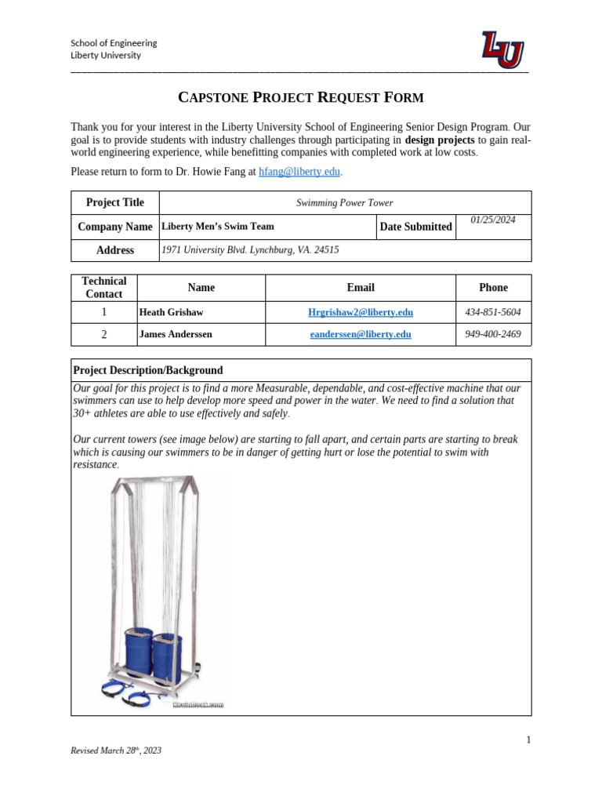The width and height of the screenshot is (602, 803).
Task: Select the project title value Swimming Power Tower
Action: coord(344,203)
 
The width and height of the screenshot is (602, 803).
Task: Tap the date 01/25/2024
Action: coord(493,220)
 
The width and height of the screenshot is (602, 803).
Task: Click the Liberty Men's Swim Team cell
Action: coord(218,227)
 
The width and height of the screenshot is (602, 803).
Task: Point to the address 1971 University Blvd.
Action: coord(250,250)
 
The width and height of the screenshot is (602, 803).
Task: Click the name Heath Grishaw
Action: coord(171,312)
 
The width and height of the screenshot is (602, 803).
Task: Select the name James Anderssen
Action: coord(176,334)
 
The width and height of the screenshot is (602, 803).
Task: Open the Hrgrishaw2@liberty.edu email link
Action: coord(361,312)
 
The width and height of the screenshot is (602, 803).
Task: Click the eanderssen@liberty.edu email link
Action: coord(361,334)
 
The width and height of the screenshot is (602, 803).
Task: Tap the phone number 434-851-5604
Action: coord(493,312)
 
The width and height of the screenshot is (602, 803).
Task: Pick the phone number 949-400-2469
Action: coord(493,334)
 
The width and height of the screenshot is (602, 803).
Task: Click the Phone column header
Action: coord(493,288)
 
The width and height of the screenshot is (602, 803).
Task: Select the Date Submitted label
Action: coord(415,227)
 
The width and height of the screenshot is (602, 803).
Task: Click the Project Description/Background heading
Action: coord(148,370)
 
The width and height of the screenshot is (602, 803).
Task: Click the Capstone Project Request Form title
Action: coord(301,97)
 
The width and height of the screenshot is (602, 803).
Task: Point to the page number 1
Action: coord(528,739)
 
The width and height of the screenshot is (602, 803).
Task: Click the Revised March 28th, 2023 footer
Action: coord(116,750)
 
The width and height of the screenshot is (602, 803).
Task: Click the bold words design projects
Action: coord(439,140)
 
